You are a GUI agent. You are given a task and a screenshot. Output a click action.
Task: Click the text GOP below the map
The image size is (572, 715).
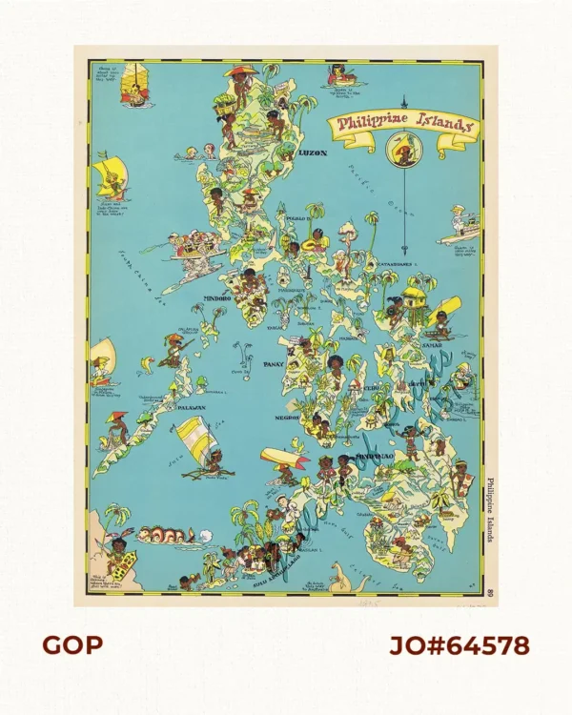click(71, 645)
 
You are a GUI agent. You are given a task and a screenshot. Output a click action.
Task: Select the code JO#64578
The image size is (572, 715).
click(459, 645)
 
